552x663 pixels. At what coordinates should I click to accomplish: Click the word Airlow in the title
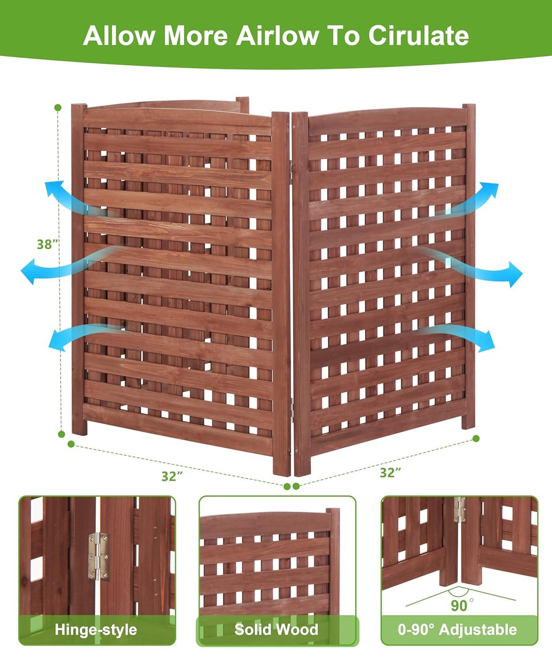point(276,35)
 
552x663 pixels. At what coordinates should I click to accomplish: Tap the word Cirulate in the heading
point(418,35)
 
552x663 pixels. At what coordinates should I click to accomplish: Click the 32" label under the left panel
point(172,476)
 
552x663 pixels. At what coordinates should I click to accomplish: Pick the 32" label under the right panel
point(390,472)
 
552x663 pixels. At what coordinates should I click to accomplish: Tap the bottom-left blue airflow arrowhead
point(55,341)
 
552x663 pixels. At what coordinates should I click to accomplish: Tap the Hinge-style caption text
point(96,629)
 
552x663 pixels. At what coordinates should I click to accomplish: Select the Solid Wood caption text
point(276,629)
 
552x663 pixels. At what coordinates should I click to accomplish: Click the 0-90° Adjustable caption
point(457,629)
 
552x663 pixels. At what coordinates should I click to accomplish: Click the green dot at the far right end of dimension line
point(476,438)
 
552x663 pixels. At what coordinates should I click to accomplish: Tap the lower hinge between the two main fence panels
point(291,404)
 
